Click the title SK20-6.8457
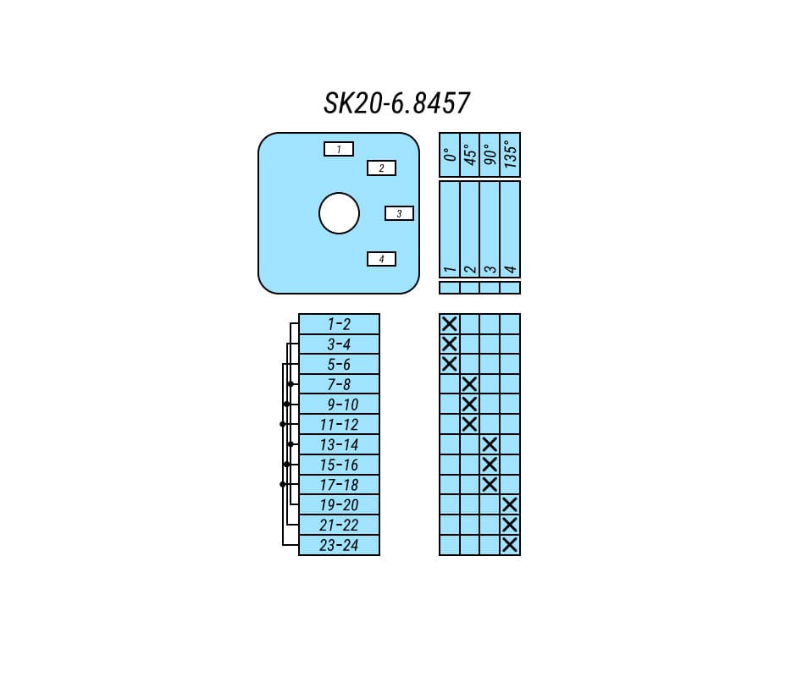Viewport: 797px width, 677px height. coord(397,103)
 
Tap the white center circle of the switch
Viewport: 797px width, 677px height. coord(339,213)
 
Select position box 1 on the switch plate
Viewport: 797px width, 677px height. coord(339,149)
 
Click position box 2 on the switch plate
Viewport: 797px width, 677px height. coord(381,168)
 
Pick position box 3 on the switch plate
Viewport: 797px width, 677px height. coord(399,213)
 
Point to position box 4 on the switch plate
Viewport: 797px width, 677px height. coord(381,259)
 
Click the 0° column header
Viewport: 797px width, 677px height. coord(450,154)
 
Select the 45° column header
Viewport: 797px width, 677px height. coord(470,154)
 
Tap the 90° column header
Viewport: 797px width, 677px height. coord(490,154)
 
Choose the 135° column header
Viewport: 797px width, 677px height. coord(511,154)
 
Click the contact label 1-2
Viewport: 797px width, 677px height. coord(339,324)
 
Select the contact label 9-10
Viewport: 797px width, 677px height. coord(342,405)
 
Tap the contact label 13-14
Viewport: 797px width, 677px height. coord(339,445)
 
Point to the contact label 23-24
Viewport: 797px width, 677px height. coord(339,546)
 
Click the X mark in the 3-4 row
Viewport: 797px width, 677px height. coord(450,344)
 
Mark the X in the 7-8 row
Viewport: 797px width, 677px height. coord(470,384)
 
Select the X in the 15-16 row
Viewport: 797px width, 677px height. coord(490,465)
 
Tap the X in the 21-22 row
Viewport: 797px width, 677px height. coord(510,525)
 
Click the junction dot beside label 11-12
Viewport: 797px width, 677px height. coord(283,424)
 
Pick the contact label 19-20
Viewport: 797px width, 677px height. coord(339,505)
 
